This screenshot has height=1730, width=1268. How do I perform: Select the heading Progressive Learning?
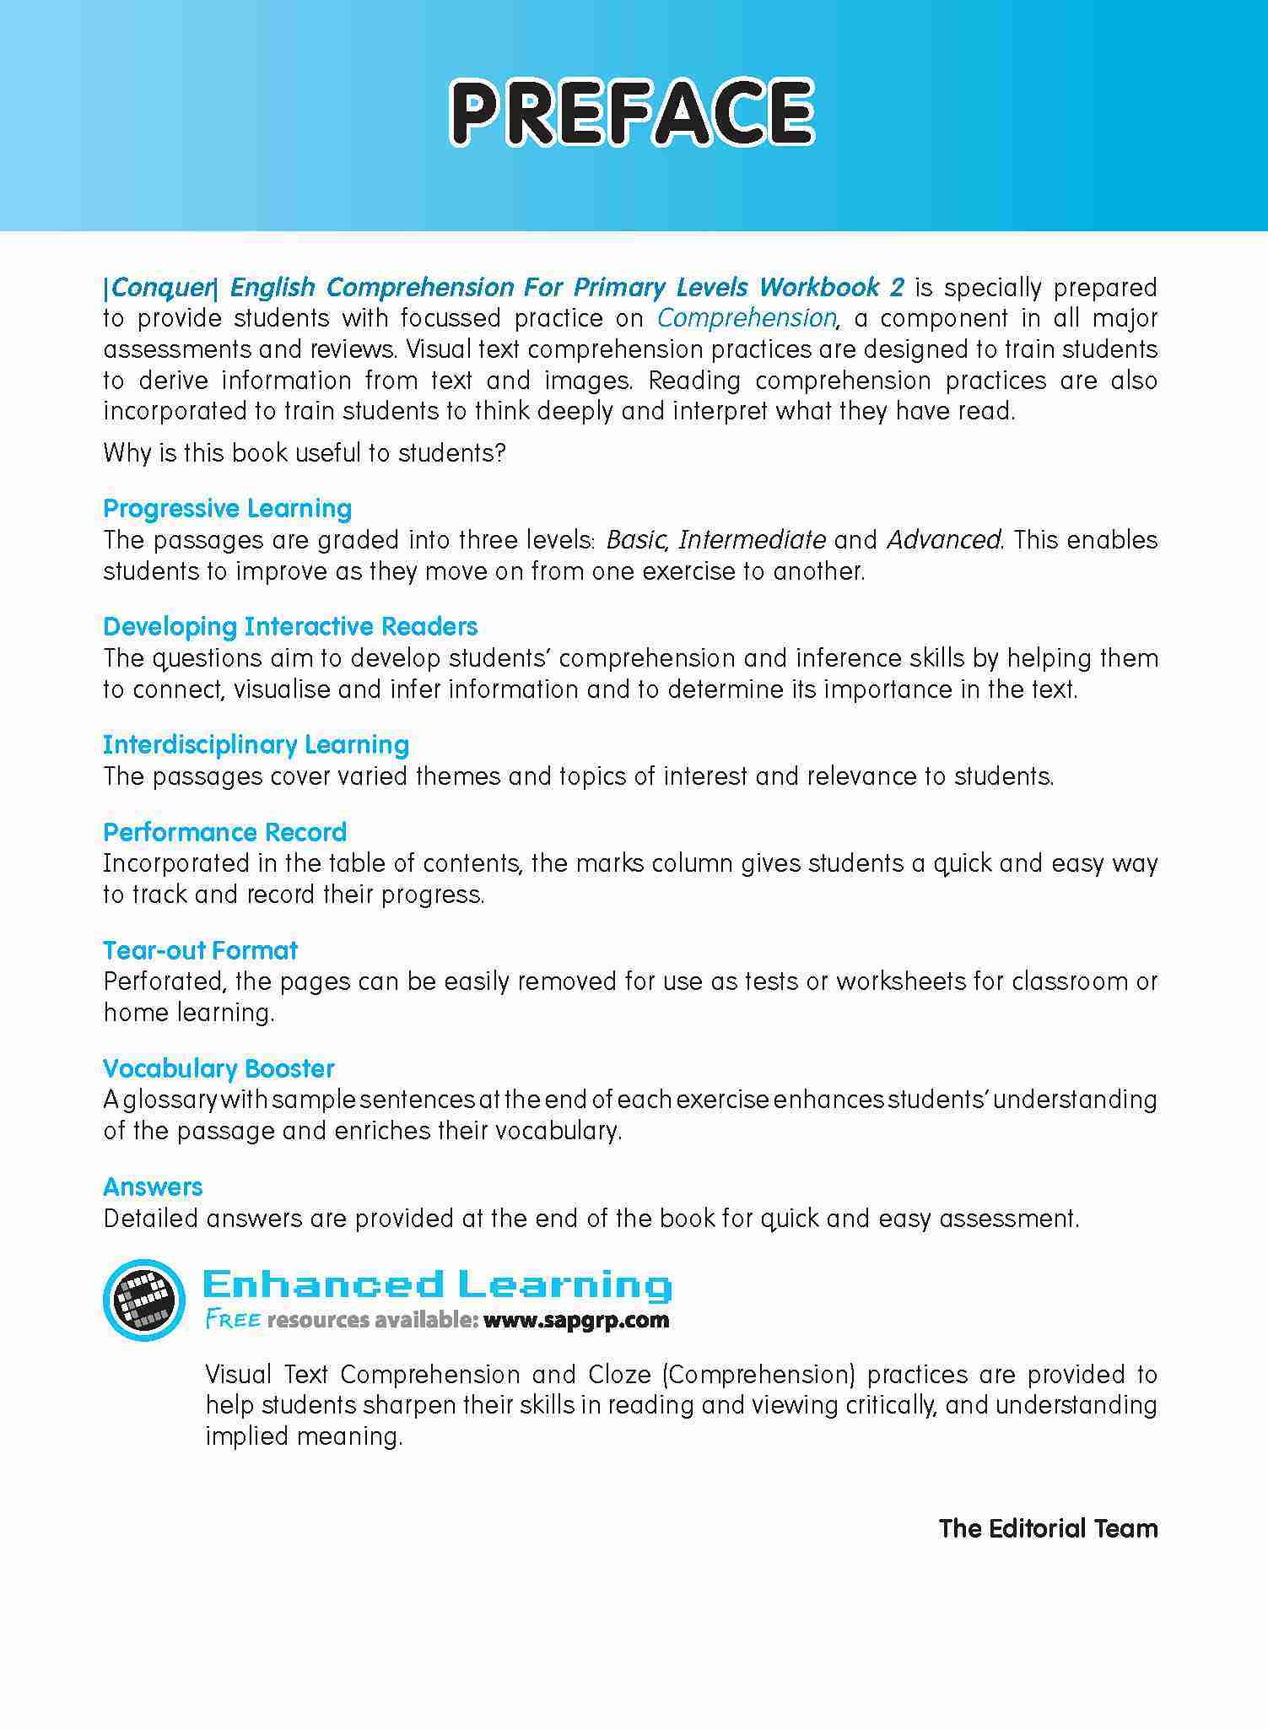point(227,509)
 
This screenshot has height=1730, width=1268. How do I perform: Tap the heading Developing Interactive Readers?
point(290,627)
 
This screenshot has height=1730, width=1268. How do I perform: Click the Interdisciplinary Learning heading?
point(256,745)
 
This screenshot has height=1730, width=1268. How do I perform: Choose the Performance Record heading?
point(224,833)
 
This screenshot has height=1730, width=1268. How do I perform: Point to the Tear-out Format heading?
point(200,951)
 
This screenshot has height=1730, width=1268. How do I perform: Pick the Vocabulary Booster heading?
point(219,1069)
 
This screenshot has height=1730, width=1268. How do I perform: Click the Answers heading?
point(153,1187)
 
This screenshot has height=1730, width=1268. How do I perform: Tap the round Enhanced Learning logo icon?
point(143,1300)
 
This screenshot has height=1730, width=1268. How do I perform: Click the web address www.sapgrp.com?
point(576,1321)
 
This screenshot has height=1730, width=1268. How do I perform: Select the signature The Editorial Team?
point(1048,1528)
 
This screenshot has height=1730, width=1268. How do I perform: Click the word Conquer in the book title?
point(160,288)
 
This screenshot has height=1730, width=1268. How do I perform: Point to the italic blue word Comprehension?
point(746,318)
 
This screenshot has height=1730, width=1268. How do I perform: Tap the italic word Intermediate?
point(752,539)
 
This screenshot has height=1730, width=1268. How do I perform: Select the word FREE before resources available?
point(233,1321)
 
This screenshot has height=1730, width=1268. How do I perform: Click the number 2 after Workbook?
point(897,288)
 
